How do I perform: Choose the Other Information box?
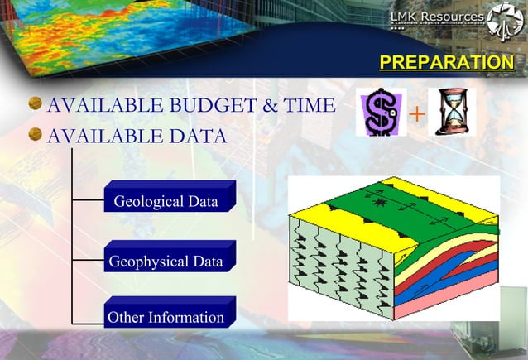pos(168,316)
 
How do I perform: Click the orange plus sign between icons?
pos(418,113)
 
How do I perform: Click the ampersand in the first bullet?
pos(266,106)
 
